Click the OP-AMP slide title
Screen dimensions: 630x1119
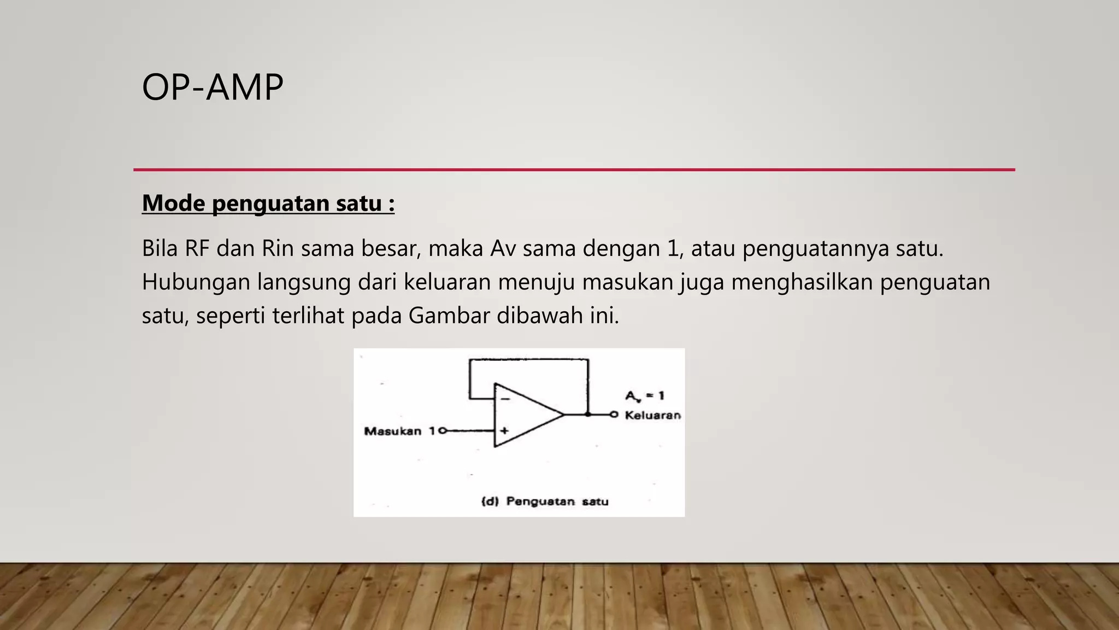(213, 87)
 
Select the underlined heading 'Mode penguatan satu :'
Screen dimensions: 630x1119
(268, 203)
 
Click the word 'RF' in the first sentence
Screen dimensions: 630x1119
(197, 249)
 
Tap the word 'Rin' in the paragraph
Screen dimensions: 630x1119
(278, 249)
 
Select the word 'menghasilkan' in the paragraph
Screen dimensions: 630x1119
(802, 283)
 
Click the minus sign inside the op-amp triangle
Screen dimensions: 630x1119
(505, 399)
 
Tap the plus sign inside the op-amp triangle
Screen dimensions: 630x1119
(504, 431)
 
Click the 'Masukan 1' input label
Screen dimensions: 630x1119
(399, 431)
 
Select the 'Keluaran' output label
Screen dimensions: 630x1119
(652, 416)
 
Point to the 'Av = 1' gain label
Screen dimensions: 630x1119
(645, 396)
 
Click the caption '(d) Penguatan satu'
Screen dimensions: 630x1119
(545, 501)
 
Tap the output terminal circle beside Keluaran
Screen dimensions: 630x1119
(614, 415)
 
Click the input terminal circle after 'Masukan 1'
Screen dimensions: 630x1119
(443, 431)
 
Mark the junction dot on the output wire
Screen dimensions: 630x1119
(588, 415)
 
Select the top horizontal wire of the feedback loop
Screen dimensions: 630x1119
(528, 359)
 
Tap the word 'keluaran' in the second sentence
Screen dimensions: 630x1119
(447, 283)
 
